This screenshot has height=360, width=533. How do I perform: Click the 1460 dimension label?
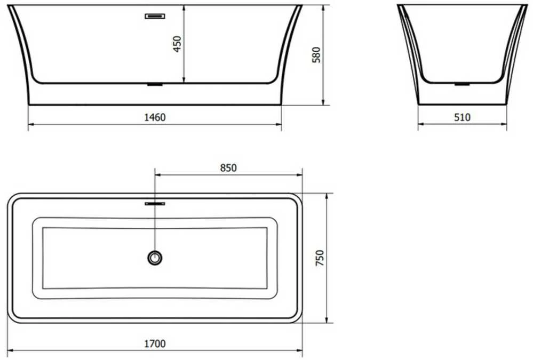(x=155, y=117)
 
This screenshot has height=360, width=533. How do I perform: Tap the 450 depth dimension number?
(x=178, y=44)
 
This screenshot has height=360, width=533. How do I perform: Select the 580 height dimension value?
(x=316, y=55)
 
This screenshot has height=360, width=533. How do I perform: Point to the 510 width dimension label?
(x=462, y=117)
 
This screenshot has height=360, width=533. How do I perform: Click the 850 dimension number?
(x=228, y=168)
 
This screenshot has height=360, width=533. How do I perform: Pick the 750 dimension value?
(x=320, y=258)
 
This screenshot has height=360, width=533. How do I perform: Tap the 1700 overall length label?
(x=155, y=343)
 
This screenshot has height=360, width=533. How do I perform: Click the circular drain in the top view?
(x=155, y=258)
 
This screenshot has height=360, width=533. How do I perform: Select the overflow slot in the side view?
(x=155, y=16)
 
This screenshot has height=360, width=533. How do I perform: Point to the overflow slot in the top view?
(x=155, y=204)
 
